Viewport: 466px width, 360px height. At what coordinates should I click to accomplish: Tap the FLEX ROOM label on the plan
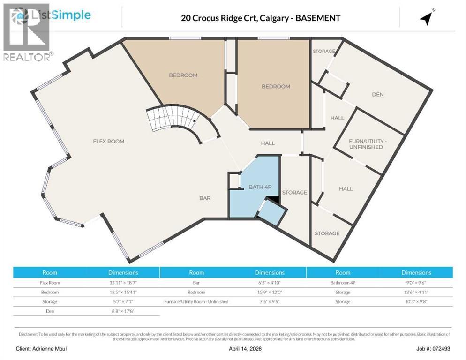[x=108, y=141]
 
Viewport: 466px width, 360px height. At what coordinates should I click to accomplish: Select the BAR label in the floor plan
[x=205, y=198]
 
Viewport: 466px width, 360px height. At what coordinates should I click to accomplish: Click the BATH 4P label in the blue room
[x=260, y=187]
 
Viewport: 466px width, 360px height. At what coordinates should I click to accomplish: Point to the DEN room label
[x=378, y=94]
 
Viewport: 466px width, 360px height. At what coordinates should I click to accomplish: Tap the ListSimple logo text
[x=60, y=15]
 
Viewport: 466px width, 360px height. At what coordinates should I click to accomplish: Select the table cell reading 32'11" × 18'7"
[x=123, y=283]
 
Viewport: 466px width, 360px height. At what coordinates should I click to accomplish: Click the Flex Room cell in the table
[x=50, y=283]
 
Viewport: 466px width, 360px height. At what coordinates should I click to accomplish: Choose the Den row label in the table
[x=50, y=311]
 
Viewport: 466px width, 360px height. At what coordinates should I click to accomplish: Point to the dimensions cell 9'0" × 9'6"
[x=416, y=283]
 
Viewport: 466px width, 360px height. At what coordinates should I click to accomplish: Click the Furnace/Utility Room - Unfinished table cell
[x=196, y=301]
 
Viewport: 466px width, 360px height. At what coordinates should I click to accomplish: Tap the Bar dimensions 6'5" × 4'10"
[x=270, y=283]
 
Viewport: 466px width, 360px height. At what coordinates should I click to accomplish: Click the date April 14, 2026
[x=233, y=349]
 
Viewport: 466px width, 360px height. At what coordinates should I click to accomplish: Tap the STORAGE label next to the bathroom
[x=294, y=192]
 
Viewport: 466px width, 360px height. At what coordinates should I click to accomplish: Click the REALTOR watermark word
[x=27, y=57]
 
